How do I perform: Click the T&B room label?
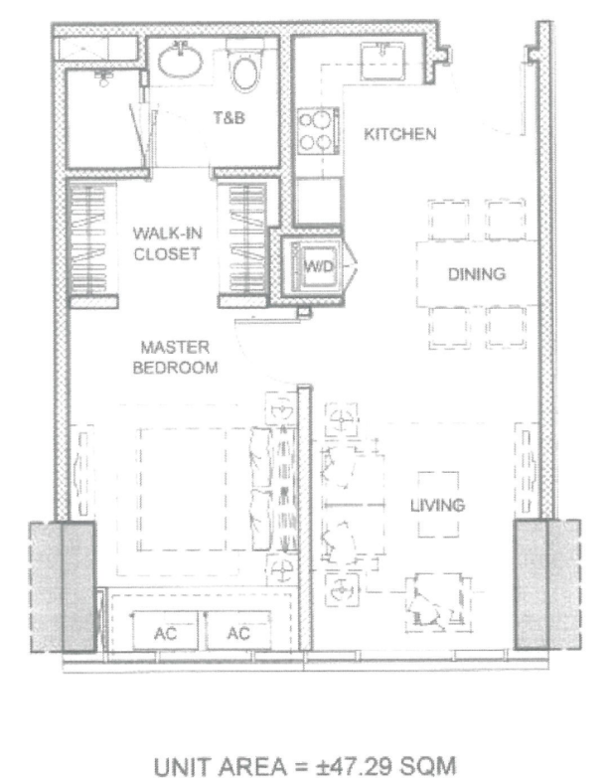[228, 118]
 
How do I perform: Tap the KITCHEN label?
[400, 134]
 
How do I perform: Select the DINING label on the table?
[477, 274]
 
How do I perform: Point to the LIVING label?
[437, 506]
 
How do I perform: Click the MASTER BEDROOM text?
[175, 357]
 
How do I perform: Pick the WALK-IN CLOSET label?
[167, 243]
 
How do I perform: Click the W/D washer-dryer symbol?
[313, 267]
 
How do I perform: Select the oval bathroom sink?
[181, 61]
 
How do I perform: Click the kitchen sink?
[382, 61]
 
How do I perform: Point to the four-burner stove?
[318, 131]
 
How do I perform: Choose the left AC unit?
[165, 631]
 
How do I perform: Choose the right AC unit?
[238, 631]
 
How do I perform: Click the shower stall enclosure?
[105, 119]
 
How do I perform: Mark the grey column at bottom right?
[547, 584]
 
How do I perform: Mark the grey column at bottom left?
[63, 587]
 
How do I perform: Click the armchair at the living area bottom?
[438, 603]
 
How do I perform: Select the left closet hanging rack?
[88, 239]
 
